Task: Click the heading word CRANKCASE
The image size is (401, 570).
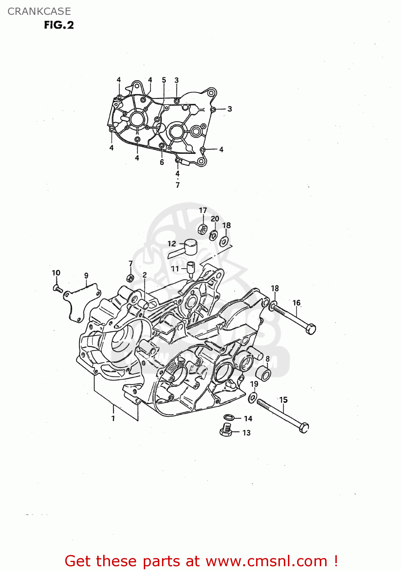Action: click(39, 11)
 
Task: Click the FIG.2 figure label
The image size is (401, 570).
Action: click(59, 25)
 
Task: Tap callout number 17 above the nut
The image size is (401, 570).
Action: click(203, 210)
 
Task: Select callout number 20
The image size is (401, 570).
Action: click(215, 218)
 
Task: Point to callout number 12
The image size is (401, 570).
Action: click(172, 244)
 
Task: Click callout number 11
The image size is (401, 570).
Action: click(175, 269)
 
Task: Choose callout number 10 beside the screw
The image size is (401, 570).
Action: click(56, 272)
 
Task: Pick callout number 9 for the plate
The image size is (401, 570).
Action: click(86, 275)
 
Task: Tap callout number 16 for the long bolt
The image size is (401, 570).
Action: click(296, 302)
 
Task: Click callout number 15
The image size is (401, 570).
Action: click(283, 400)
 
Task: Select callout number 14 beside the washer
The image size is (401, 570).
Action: click(248, 418)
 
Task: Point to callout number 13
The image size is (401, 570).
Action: click(247, 432)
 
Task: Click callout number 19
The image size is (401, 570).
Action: click(254, 384)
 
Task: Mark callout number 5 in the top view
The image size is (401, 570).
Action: click(164, 80)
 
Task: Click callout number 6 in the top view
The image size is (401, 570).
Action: click(162, 162)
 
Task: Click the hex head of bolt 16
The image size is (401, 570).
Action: click(311, 329)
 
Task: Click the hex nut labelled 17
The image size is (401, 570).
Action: click(203, 229)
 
